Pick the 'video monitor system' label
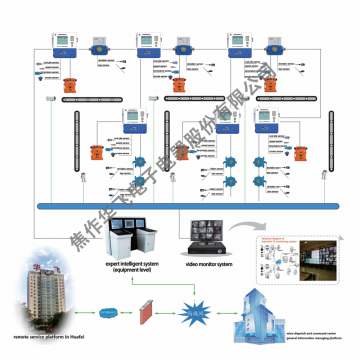pyautogui.click(x=211, y=263)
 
